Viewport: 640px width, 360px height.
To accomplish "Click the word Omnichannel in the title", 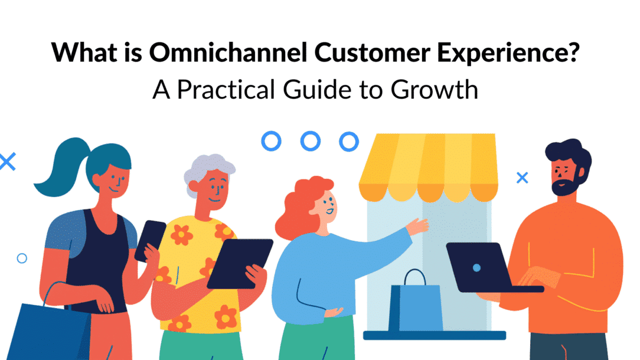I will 227,53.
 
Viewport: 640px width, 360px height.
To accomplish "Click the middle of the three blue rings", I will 310,141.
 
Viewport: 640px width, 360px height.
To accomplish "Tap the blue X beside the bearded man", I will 522,177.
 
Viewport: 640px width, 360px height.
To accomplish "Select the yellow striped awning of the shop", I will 428,165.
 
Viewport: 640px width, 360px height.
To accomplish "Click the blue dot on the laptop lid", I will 476,267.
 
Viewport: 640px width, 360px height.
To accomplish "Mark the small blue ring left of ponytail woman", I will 22,258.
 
